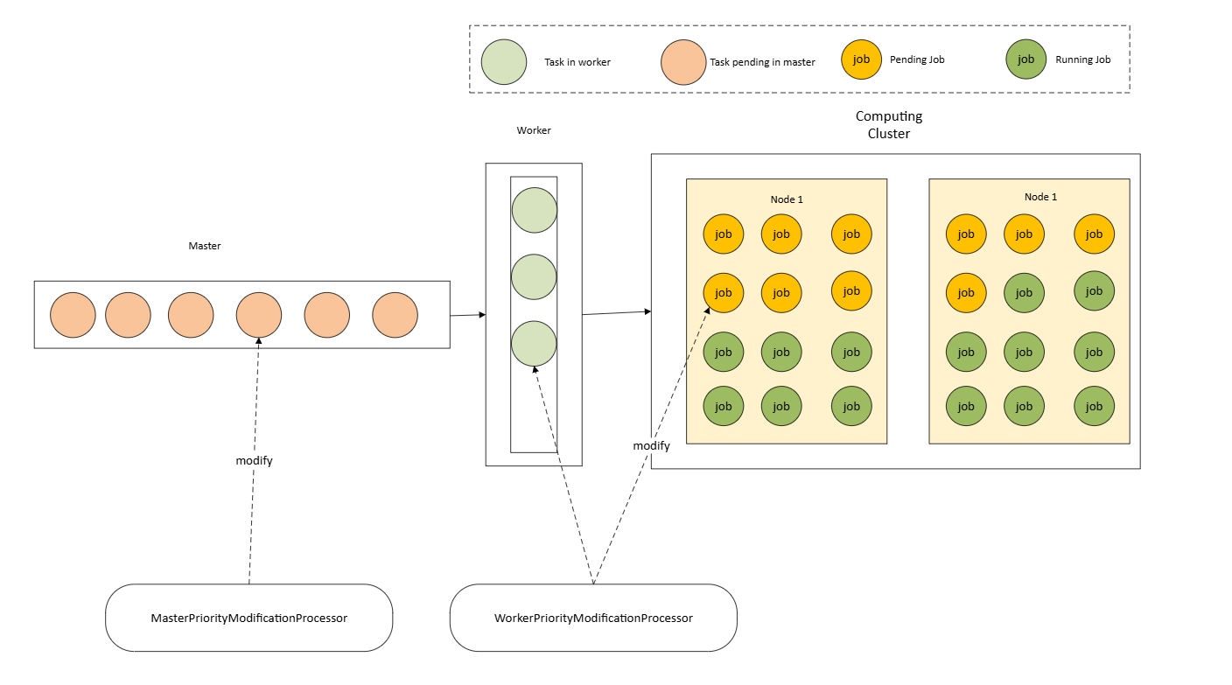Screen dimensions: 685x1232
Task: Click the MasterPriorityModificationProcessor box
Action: tap(248, 618)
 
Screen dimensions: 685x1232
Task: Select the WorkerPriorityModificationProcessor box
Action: tap(593, 618)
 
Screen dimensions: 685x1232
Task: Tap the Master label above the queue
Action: tap(205, 246)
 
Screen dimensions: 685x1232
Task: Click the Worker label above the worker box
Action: tap(534, 130)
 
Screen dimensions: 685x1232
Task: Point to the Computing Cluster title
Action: tap(889, 124)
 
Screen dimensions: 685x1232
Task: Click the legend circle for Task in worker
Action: tap(504, 62)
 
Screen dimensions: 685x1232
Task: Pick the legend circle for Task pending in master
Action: tap(683, 62)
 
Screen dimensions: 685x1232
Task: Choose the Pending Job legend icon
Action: tap(861, 59)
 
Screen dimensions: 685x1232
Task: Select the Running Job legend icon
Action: tap(1026, 59)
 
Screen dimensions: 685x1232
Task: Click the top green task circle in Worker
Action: tap(534, 210)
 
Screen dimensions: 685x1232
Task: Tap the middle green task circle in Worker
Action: tap(534, 276)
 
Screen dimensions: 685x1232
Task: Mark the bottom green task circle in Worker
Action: tap(534, 343)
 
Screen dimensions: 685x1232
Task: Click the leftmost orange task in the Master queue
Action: tap(73, 315)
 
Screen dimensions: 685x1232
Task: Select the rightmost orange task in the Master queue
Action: tap(395, 315)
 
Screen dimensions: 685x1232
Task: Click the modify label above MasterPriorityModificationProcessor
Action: tap(254, 460)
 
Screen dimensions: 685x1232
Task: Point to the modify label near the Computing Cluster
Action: tap(651, 445)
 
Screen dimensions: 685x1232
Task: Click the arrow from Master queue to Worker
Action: tap(467, 314)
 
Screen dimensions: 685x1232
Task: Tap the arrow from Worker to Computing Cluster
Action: tap(616, 312)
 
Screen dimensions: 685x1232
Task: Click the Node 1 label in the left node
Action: tap(787, 199)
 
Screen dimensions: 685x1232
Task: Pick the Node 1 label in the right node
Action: tap(1040, 197)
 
